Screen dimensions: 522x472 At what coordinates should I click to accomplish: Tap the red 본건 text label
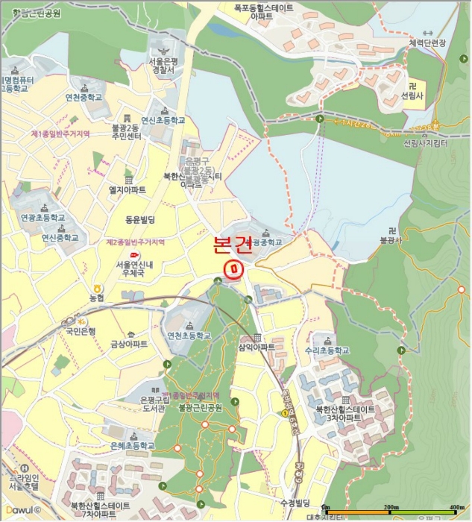233,245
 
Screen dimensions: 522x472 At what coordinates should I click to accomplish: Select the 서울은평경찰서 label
161,66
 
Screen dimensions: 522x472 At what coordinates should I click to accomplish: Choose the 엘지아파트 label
128,190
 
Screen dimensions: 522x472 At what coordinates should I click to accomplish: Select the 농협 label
97,298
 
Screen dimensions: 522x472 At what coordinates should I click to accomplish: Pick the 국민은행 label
81,331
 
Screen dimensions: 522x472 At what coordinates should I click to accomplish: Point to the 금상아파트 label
129,345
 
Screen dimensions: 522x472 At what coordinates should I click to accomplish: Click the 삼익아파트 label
257,348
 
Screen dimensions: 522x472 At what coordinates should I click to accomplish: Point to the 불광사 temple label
391,240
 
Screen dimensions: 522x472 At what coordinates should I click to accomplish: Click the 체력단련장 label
427,43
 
